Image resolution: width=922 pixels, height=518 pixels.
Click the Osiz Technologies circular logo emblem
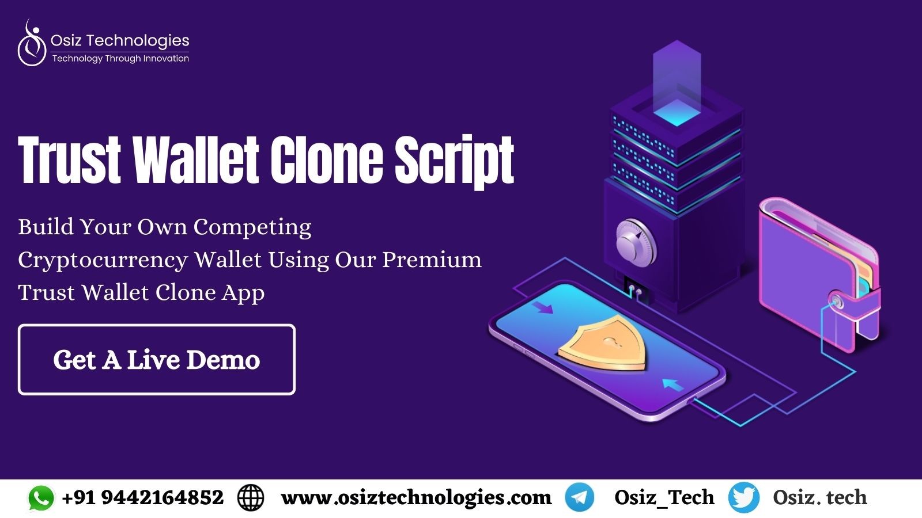click(x=32, y=43)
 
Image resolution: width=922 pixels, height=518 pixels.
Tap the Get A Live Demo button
click(x=156, y=360)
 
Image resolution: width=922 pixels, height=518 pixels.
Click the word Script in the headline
click(x=455, y=161)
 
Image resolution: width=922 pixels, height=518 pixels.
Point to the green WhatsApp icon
click(x=41, y=498)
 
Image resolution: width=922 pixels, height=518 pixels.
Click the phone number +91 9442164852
click(x=142, y=497)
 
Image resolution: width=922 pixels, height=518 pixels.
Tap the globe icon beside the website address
click(x=250, y=498)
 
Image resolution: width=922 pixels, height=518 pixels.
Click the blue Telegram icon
click(x=580, y=497)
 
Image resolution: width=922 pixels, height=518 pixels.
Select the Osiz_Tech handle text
click(x=664, y=498)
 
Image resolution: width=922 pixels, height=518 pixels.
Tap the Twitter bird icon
click(x=744, y=498)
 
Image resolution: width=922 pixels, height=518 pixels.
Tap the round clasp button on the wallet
click(x=836, y=302)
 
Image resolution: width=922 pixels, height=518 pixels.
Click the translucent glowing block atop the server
click(x=677, y=83)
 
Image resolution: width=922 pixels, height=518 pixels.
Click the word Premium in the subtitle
click(x=432, y=260)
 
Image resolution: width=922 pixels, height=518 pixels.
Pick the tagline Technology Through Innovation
click(x=120, y=59)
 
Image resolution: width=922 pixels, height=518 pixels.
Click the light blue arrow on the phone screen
click(x=673, y=385)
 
